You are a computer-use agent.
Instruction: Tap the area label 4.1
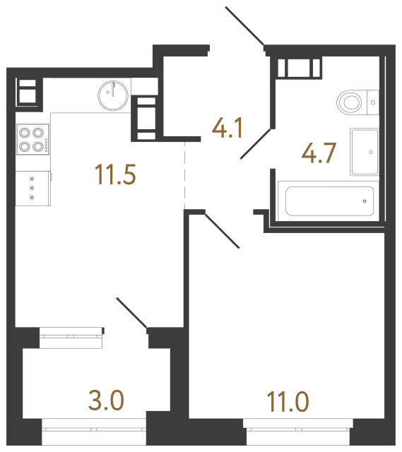tap(228, 128)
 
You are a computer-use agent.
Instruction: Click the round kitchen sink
tap(112, 94)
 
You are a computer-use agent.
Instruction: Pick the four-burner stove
tap(32, 139)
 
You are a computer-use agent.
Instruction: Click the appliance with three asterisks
tap(32, 189)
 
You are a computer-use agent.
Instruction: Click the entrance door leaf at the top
tap(245, 26)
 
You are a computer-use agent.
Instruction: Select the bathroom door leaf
tap(256, 143)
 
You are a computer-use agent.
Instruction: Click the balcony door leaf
tap(131, 313)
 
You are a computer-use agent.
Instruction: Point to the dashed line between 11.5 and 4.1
tap(184, 173)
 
